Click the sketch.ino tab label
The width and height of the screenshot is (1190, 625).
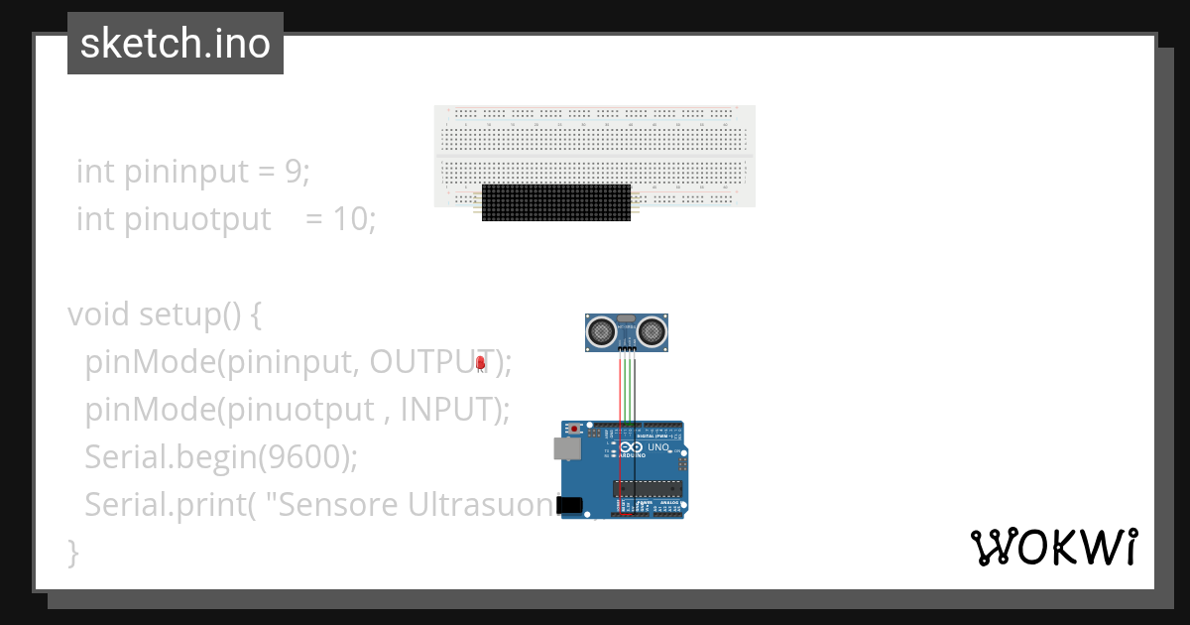(x=176, y=44)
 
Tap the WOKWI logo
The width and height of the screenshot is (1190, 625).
(x=1053, y=547)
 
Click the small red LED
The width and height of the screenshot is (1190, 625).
(x=481, y=363)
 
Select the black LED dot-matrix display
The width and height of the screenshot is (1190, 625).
(x=555, y=202)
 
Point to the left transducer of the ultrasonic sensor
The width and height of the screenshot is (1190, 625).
(x=601, y=330)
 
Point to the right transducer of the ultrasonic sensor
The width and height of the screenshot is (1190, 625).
(x=651, y=330)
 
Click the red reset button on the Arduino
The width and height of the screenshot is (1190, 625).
(x=574, y=429)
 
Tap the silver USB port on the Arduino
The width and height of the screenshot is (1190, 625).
(x=566, y=449)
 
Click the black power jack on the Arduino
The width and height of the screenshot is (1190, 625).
(x=568, y=505)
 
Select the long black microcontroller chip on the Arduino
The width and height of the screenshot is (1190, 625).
(x=647, y=488)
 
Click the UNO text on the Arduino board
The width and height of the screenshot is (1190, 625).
(x=659, y=447)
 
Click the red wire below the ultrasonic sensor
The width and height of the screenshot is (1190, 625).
(x=620, y=387)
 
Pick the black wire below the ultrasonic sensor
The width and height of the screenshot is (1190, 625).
(x=635, y=387)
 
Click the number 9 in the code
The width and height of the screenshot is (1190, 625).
(x=293, y=172)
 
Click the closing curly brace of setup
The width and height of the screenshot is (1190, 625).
(x=72, y=552)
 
